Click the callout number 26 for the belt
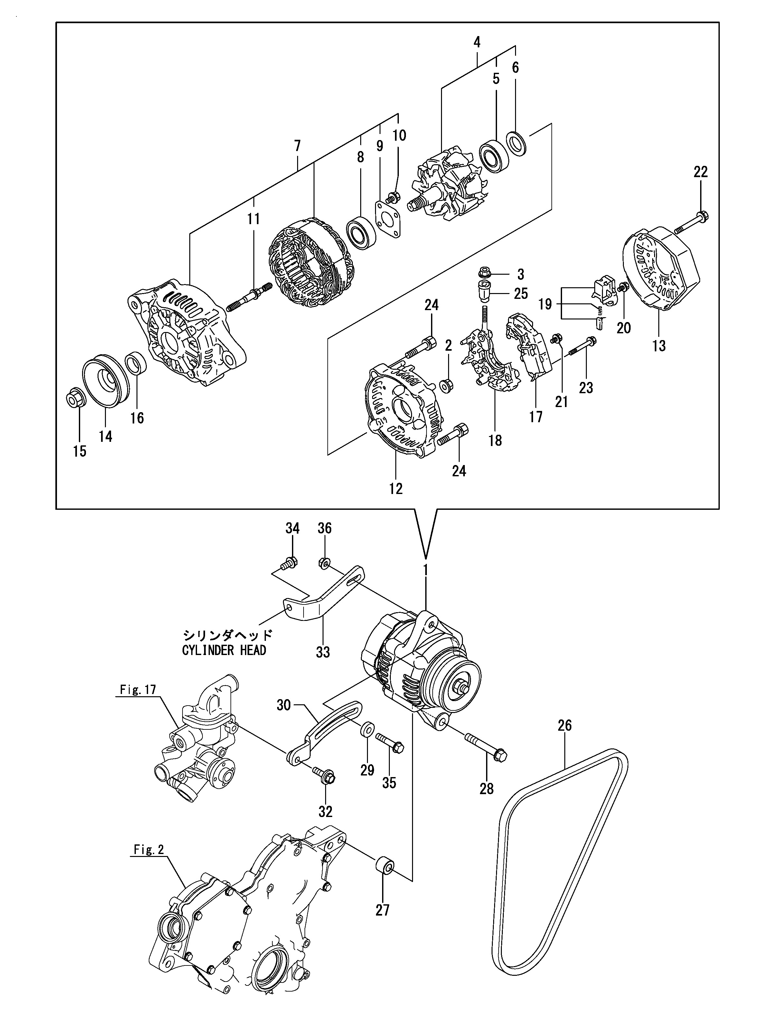(x=565, y=726)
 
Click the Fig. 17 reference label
(x=138, y=702)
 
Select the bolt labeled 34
(x=288, y=562)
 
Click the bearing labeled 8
(x=361, y=233)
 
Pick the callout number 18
(x=495, y=441)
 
